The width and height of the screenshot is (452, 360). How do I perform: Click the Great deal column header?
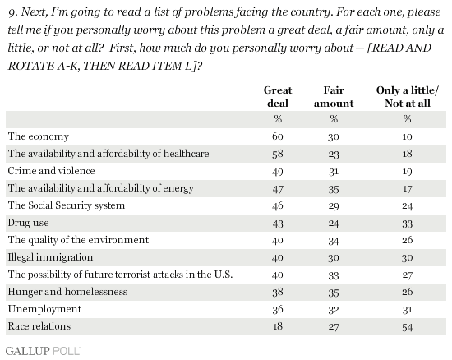[278, 96]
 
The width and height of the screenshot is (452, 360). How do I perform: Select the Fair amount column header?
[334, 96]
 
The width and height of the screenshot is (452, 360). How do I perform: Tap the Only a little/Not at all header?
[407, 96]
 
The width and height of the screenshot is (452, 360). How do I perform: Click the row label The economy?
[39, 136]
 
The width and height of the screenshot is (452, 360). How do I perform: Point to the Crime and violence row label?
[51, 171]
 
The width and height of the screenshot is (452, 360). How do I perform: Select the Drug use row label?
[28, 223]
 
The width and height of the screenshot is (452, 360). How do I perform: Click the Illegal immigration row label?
[50, 257]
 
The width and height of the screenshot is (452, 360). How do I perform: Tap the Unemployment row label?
[44, 309]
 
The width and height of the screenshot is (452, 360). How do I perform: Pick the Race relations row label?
[39, 326]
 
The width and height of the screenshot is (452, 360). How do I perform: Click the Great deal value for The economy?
[278, 136]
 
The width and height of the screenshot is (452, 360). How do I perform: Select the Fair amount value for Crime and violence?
[333, 171]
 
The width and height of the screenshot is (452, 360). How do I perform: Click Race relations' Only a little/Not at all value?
[407, 327]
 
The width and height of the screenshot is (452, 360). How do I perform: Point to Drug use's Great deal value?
[278, 224]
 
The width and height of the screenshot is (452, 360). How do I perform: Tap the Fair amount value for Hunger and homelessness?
[333, 293]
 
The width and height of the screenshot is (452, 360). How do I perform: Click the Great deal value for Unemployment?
[278, 309]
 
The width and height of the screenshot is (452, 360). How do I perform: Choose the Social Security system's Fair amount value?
[333, 205]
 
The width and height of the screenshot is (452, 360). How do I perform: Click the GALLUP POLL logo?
[43, 351]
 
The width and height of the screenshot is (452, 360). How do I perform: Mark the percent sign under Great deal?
[278, 118]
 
